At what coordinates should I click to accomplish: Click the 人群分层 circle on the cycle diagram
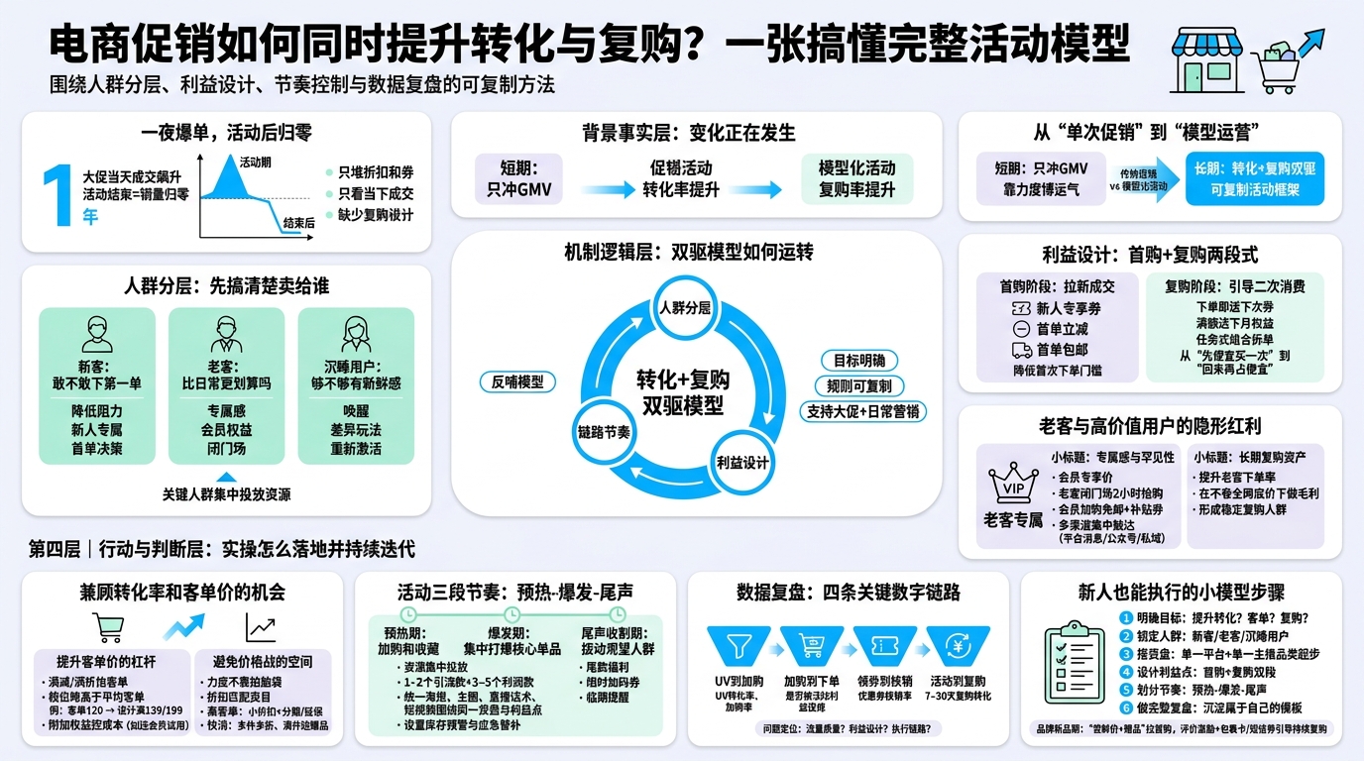pyautogui.click(x=685, y=307)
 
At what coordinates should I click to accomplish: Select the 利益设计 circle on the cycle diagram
pyautogui.click(x=742, y=463)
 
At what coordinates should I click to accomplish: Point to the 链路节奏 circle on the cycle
pyautogui.click(x=604, y=433)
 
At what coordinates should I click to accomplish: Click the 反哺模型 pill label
pyautogui.click(x=517, y=381)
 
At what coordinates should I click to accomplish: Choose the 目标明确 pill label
pyautogui.click(x=858, y=361)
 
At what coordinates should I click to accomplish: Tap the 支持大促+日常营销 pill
pyautogui.click(x=862, y=410)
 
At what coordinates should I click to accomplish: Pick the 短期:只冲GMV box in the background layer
pyautogui.click(x=518, y=178)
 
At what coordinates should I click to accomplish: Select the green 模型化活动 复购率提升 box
pyautogui.click(x=856, y=178)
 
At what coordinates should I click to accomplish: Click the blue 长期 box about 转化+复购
pyautogui.click(x=1254, y=179)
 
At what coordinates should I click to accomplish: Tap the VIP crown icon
pyautogui.click(x=1013, y=483)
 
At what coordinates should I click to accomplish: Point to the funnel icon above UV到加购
pyautogui.click(x=739, y=646)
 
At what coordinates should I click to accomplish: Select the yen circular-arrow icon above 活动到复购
pyautogui.click(x=959, y=646)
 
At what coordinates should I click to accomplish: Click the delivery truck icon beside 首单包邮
pyautogui.click(x=1022, y=350)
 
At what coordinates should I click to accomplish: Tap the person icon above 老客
pyautogui.click(x=226, y=332)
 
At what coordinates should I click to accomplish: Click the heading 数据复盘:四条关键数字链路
pyautogui.click(x=848, y=593)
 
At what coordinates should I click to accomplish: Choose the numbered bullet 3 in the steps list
pyautogui.click(x=1125, y=654)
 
